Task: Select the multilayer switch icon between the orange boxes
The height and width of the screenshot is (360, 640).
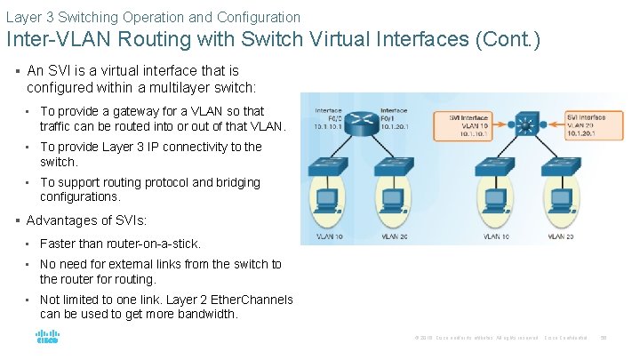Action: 524,125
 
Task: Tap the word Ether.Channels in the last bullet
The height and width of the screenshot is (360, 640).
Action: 252,300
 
